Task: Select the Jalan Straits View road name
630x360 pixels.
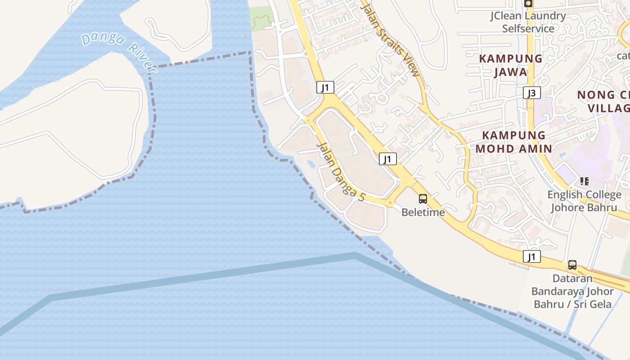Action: coord(391,41)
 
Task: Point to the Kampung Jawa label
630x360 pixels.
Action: coord(510,65)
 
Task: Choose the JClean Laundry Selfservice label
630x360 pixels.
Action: coord(528,22)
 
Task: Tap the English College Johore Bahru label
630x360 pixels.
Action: coord(584,201)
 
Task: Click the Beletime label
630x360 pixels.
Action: coord(423,212)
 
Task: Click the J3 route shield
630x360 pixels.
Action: coord(532,93)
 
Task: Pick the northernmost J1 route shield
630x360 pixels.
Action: coord(325,87)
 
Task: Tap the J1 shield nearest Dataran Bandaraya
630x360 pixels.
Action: coord(532,257)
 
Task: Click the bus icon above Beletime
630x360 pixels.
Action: coord(423,198)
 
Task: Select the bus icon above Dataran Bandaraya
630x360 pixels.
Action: coord(572,265)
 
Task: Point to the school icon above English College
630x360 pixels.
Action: coord(584,181)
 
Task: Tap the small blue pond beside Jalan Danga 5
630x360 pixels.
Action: coord(311,163)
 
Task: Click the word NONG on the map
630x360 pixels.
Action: coord(596,95)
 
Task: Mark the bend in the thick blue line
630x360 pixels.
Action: coord(355,256)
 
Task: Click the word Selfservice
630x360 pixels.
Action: coord(528,29)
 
